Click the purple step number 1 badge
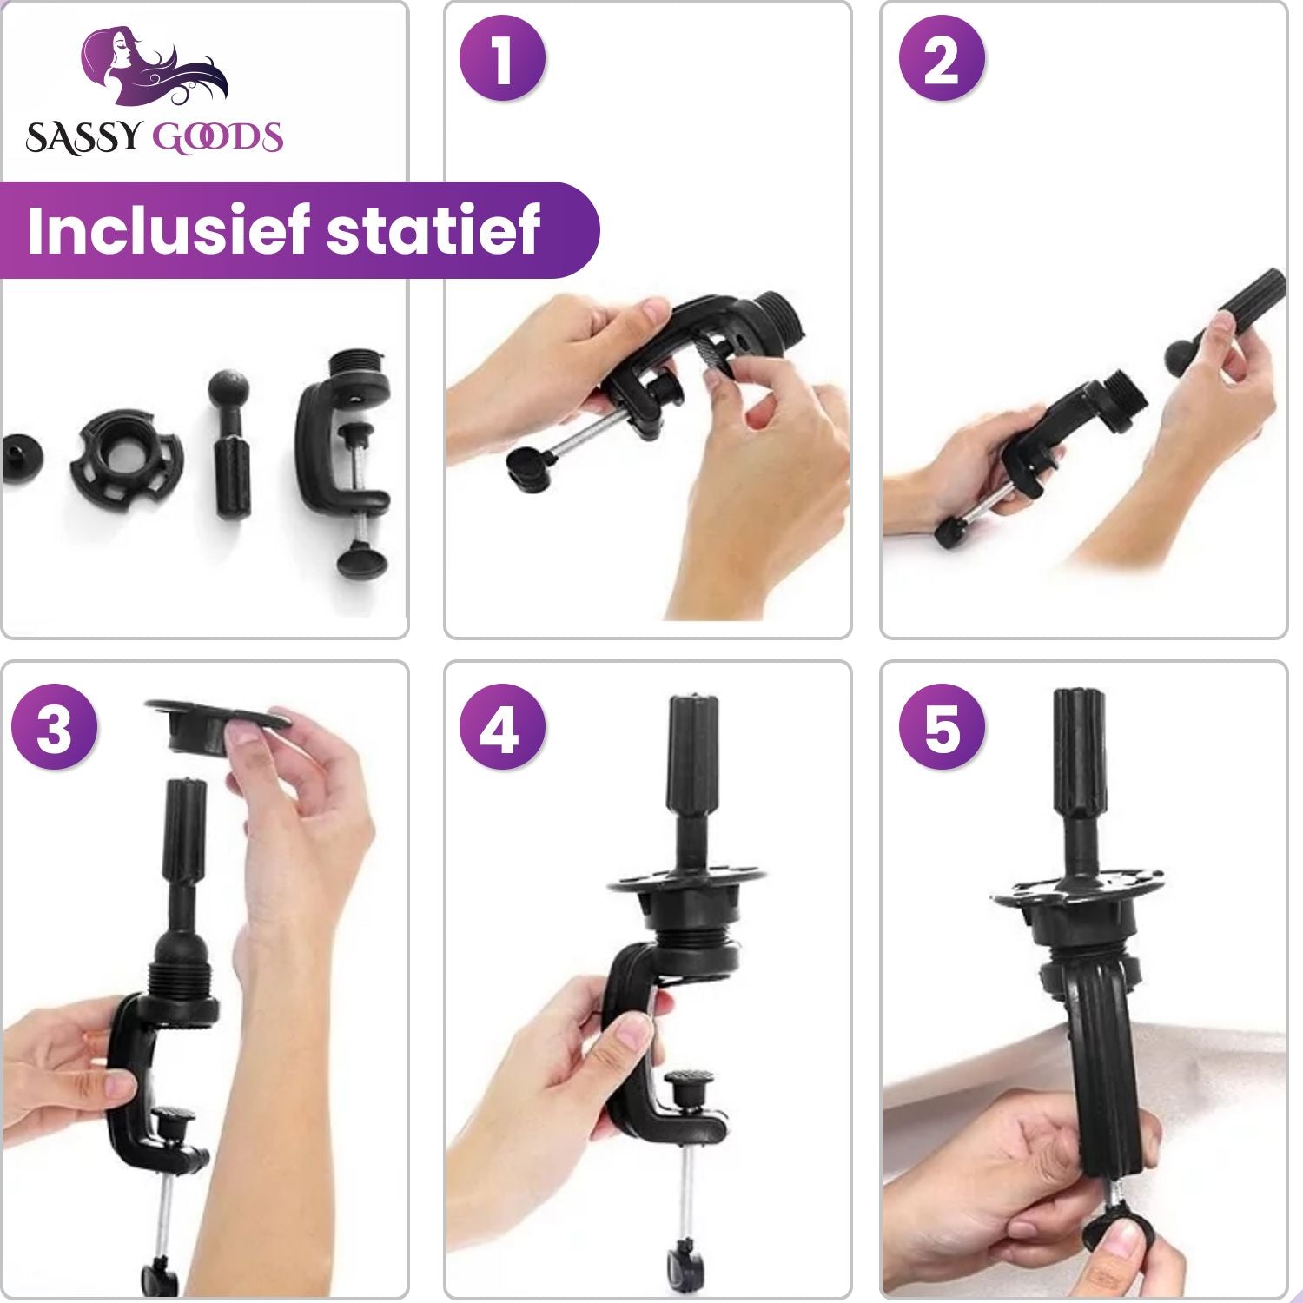tap(502, 59)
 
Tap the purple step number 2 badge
tap(942, 59)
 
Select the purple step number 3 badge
tap(54, 727)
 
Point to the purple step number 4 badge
tap(502, 727)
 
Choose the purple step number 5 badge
tap(942, 727)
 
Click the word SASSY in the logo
tap(83, 138)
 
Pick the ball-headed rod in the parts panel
tap(232, 445)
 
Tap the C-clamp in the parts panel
tap(345, 460)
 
